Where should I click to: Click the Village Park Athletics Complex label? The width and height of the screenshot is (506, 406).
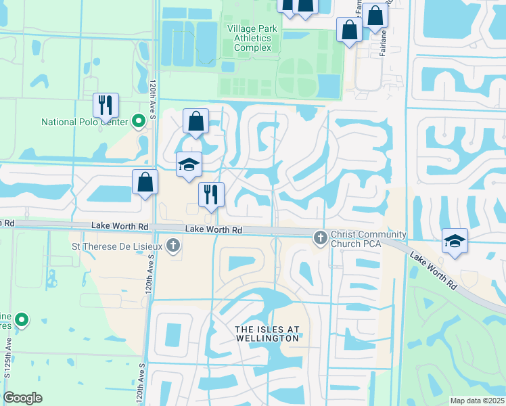tap(249, 38)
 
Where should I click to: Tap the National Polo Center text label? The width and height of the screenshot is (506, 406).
tap(85, 122)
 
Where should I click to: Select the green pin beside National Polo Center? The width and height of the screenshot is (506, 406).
tap(139, 122)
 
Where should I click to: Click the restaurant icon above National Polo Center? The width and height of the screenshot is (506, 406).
tap(106, 105)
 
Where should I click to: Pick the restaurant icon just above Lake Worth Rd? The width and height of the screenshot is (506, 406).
tap(211, 195)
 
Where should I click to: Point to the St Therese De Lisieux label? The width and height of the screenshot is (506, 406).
tap(118, 245)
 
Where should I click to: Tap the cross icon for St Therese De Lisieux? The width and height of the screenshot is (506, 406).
tap(173, 245)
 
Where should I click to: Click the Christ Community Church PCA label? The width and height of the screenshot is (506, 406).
tap(369, 239)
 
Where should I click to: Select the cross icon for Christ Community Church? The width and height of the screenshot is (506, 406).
tap(320, 238)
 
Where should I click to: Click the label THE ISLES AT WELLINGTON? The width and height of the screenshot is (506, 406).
tap(266, 334)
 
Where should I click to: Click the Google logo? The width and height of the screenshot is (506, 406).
tap(22, 398)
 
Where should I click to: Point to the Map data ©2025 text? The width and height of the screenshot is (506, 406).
tap(476, 401)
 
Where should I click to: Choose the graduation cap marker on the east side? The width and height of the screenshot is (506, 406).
tap(455, 241)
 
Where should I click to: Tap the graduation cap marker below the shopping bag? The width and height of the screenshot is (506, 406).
tap(189, 164)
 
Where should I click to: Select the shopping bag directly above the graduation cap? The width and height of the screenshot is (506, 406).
tap(195, 122)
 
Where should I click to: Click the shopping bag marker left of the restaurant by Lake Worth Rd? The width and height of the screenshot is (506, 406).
tap(145, 181)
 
